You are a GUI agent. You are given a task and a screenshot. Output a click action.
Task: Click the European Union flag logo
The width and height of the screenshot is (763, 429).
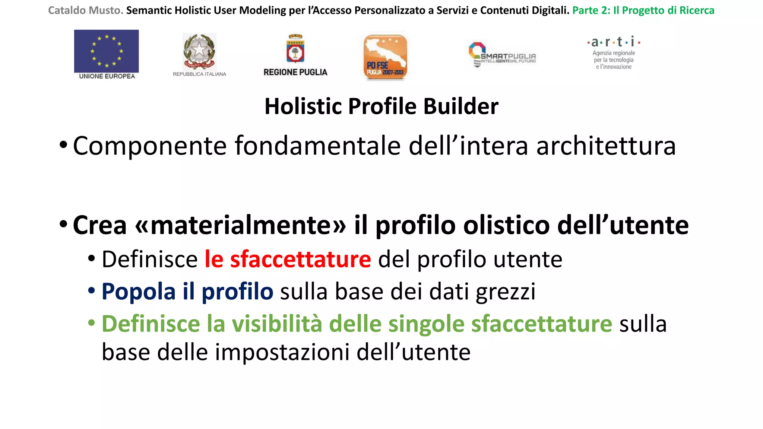coord(106,51)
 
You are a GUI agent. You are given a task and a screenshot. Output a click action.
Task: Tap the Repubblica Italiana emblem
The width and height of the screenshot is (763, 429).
coord(199,51)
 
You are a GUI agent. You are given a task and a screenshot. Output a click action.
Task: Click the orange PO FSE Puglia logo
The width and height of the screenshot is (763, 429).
coord(385,57)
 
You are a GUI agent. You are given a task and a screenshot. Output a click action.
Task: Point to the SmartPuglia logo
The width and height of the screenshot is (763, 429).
coord(502,55)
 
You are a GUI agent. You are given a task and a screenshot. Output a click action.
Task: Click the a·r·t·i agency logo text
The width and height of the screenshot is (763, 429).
coord(614,42)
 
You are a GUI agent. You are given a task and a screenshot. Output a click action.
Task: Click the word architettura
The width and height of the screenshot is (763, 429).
coord(606,146)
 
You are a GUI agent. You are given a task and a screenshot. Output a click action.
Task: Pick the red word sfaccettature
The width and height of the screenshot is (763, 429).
coord(300,259)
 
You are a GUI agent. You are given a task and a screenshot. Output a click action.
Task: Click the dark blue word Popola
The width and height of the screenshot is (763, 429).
coord(138,291)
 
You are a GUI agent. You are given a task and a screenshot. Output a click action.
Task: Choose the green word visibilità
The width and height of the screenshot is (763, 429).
coord(277,324)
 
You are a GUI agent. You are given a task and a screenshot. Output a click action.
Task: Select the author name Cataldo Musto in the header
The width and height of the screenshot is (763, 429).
coord(85,10)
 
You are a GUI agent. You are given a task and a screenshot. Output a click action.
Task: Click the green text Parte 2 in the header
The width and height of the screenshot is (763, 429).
coord(591,10)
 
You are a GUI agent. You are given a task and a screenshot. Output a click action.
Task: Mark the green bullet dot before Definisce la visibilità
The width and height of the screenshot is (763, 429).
coord(92,322)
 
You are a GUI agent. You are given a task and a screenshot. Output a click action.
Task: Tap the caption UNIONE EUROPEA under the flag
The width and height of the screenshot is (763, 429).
coord(107,76)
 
